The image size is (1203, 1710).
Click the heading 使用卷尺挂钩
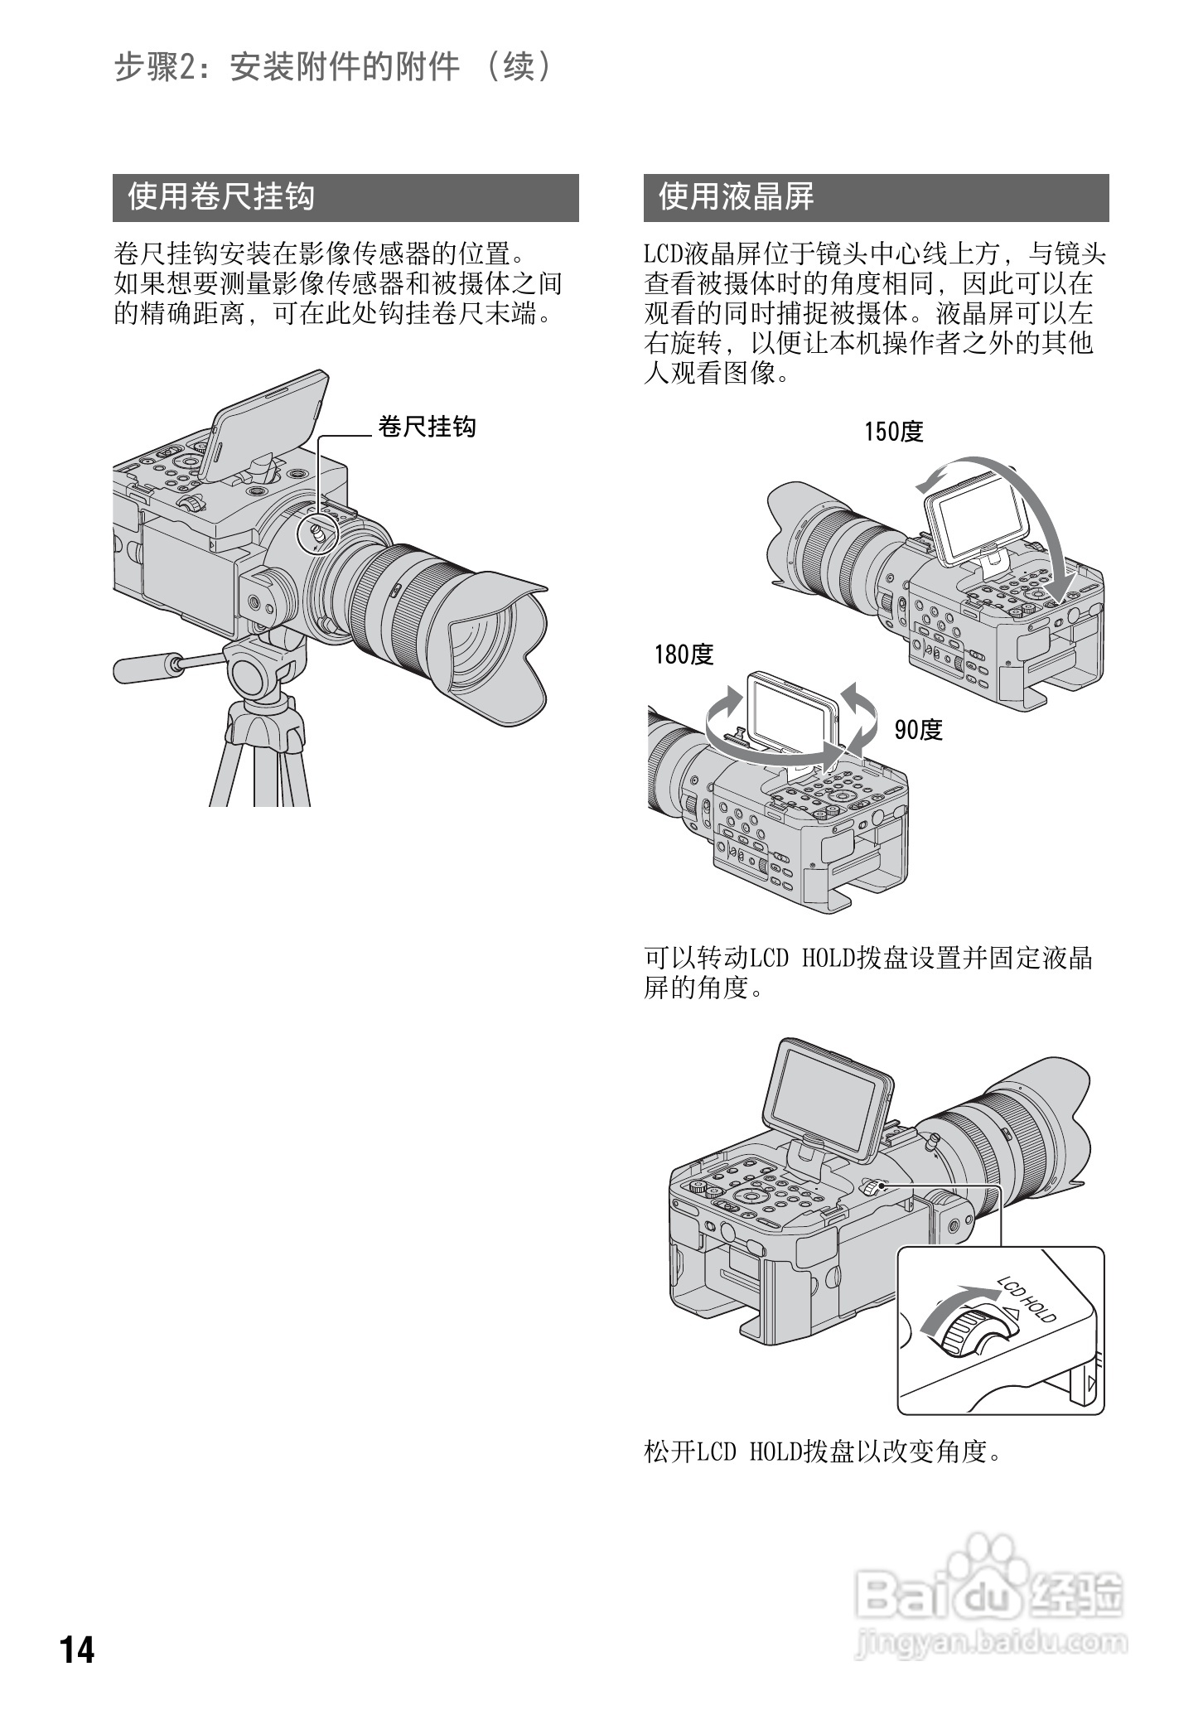tap(222, 197)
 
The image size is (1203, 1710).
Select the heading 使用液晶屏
tap(736, 197)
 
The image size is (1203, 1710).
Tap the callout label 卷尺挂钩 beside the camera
tap(427, 427)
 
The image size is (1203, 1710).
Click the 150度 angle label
tap(893, 432)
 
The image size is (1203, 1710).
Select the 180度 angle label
tap(684, 655)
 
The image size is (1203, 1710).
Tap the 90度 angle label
tap(918, 730)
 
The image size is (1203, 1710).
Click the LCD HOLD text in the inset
tap(1027, 1300)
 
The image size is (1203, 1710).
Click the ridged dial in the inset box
tap(966, 1334)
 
